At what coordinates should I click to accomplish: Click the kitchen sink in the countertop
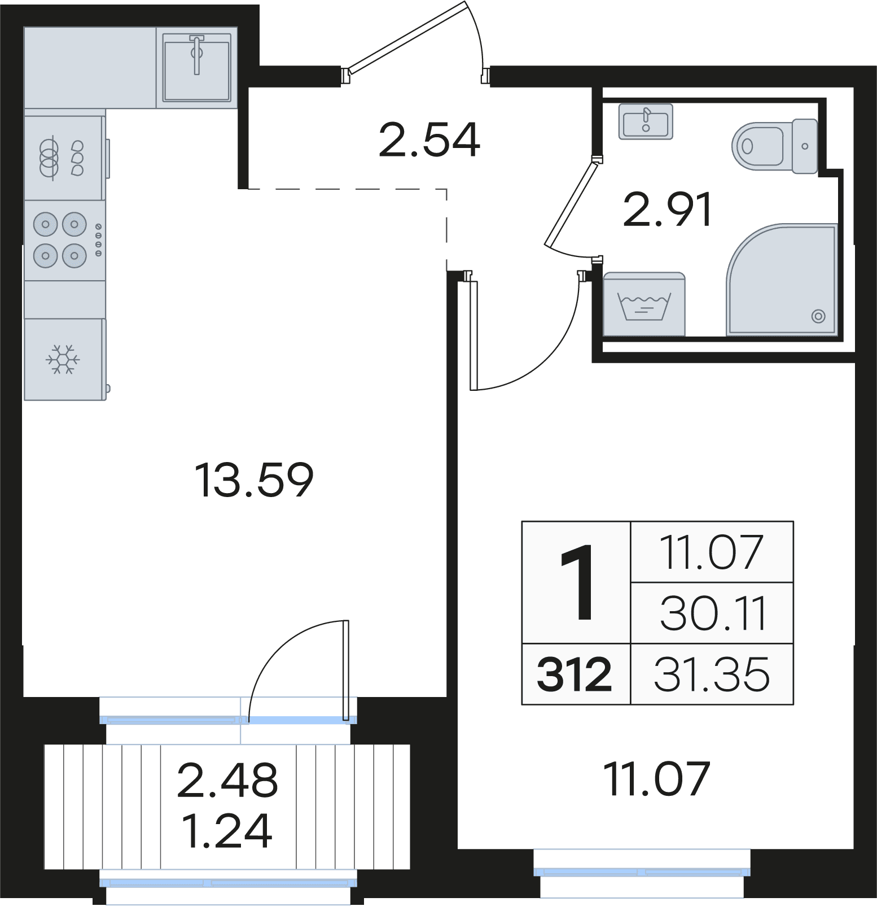(x=196, y=68)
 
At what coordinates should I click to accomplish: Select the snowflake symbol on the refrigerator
(x=63, y=359)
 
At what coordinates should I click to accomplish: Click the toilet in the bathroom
(x=775, y=146)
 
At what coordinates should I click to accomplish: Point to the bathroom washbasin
(x=646, y=121)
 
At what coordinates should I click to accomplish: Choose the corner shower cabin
(x=782, y=280)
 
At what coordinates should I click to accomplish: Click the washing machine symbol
(x=644, y=304)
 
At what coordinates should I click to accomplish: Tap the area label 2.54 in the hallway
(x=429, y=140)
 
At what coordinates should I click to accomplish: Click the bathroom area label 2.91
(x=667, y=210)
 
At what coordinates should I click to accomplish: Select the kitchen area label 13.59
(x=254, y=480)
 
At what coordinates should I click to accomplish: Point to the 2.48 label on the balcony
(x=227, y=781)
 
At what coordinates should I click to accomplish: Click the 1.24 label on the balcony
(x=227, y=831)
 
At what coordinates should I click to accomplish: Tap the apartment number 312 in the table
(x=575, y=674)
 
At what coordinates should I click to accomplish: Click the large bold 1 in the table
(x=577, y=582)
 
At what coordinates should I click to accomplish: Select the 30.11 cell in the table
(x=713, y=613)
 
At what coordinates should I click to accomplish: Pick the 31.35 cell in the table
(x=712, y=674)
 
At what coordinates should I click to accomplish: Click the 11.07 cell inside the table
(x=712, y=552)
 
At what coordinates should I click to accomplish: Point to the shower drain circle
(x=818, y=316)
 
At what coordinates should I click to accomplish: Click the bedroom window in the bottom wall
(x=642, y=872)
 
